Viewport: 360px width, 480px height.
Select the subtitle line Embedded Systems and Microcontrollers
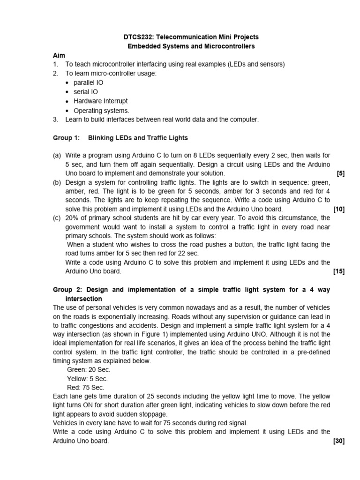pos(192,46)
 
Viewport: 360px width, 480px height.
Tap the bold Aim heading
pos(59,55)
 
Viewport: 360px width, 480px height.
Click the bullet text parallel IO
pos(88,82)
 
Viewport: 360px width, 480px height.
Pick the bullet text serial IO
pos(86,92)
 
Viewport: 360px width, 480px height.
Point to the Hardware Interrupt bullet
pos(100,101)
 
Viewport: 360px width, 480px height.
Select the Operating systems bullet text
pos(101,111)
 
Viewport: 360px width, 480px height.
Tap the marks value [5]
pos(341,173)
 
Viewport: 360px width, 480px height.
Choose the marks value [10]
pos(339,209)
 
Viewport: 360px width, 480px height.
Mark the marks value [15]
pos(339,271)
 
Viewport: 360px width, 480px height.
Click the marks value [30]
pos(339,441)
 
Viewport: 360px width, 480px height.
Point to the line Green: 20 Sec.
pos(89,370)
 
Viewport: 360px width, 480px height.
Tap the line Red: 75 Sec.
pos(86,388)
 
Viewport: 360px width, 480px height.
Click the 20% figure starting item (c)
pos(72,218)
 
